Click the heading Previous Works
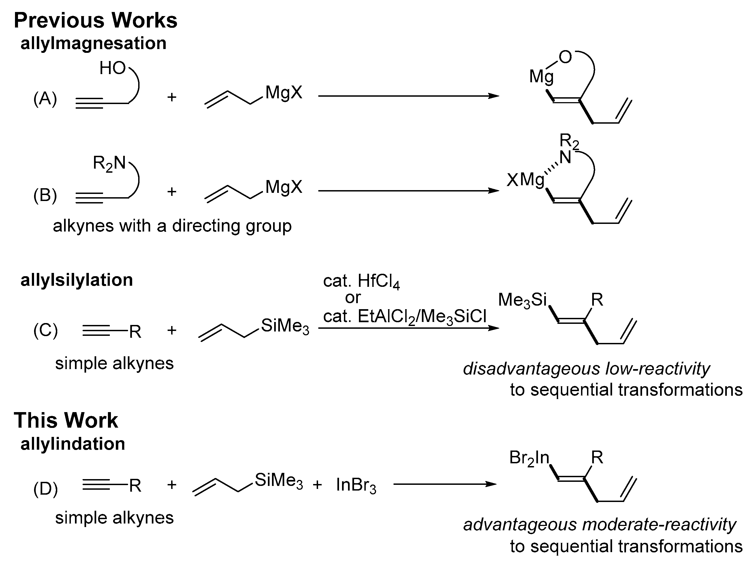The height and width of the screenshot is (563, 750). point(95,20)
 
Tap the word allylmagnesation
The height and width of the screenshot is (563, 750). point(93,43)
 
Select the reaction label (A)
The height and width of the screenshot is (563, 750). point(45,99)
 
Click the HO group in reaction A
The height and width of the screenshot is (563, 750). point(112,68)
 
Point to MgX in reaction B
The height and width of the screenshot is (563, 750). point(284,187)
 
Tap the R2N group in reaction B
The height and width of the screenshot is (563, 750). point(109,163)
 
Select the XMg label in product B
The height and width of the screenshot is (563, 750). point(525,180)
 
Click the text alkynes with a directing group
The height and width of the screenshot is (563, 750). point(172,226)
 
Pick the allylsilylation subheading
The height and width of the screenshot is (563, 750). point(77,280)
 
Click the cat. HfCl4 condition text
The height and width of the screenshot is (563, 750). point(361,281)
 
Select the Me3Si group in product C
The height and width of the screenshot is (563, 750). point(522,300)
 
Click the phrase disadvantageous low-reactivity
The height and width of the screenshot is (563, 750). point(586,369)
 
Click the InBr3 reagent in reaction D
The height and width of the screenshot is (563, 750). point(356,485)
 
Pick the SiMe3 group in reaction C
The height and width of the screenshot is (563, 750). point(285,326)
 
